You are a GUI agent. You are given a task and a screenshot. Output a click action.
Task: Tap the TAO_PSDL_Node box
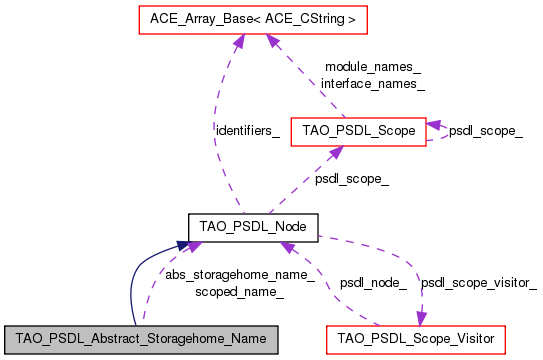tap(253, 225)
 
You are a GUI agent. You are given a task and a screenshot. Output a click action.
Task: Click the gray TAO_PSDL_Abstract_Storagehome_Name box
tap(140, 340)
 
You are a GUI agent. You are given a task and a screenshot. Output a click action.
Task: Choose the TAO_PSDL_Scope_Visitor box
tap(417, 340)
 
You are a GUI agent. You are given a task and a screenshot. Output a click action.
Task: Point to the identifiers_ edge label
tap(248, 131)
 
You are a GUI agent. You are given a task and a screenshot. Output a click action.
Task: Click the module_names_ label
tap(372, 68)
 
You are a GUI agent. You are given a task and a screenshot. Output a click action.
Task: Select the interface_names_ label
tap(372, 84)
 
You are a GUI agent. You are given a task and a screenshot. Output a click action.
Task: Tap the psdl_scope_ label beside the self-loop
tap(486, 130)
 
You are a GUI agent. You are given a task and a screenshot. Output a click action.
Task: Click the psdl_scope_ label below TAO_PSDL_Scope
tap(352, 179)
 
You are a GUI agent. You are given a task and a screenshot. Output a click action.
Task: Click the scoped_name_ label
tap(240, 291)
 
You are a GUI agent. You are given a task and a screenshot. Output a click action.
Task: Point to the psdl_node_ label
tap(373, 283)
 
